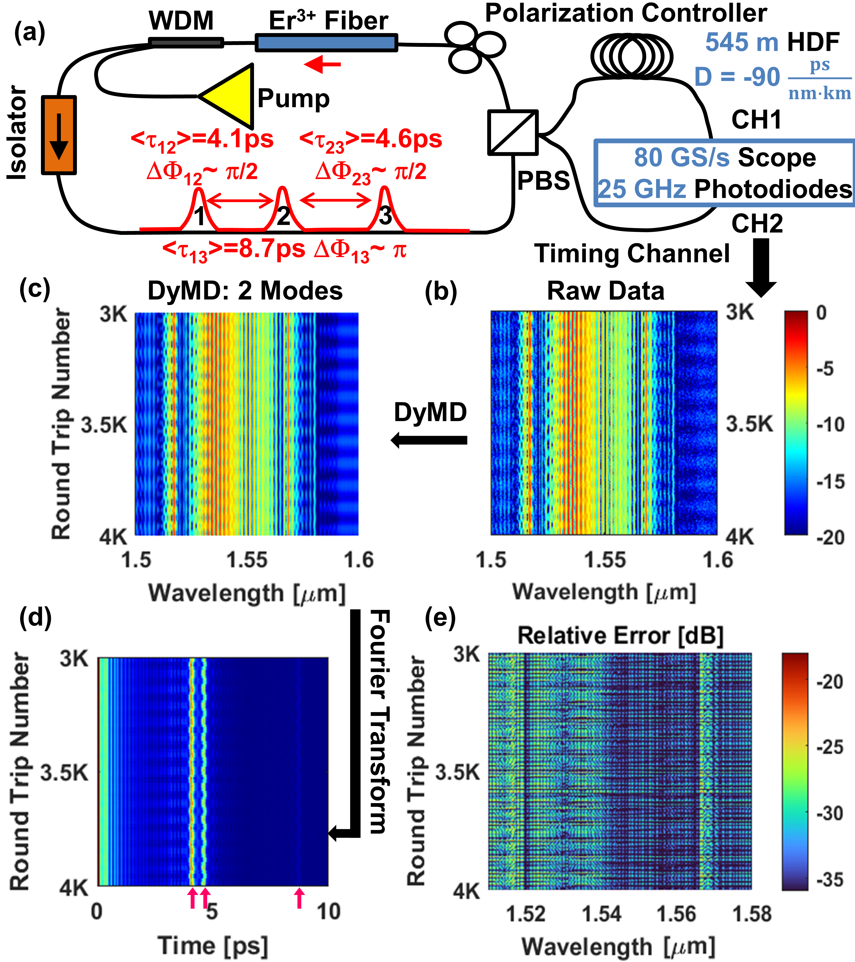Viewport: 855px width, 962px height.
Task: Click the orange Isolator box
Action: pyautogui.click(x=59, y=135)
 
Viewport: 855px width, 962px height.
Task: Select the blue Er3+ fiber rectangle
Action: pyautogui.click(x=326, y=43)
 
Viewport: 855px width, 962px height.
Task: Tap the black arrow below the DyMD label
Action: pyautogui.click(x=429, y=440)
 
